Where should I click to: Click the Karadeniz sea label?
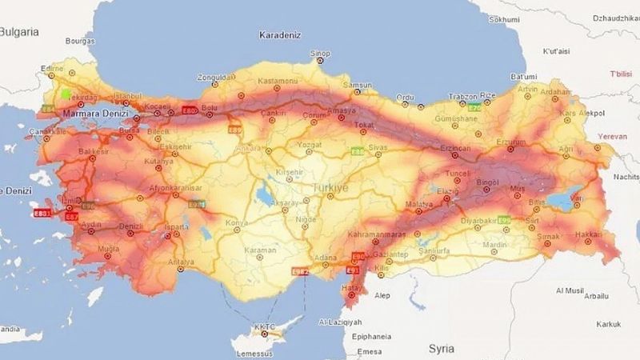click(280, 35)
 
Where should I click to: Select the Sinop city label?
click(320, 54)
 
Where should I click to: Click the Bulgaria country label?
click(19, 32)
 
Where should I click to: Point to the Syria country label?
click(441, 349)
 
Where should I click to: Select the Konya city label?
click(237, 222)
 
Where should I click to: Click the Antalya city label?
click(182, 262)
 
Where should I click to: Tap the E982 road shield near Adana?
click(301, 271)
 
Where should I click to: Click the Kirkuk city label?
click(608, 324)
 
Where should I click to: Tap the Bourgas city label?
click(80, 39)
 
